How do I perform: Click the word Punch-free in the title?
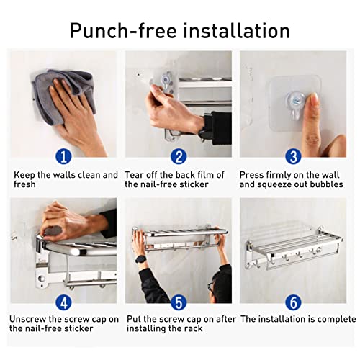123,30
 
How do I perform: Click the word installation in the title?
237,30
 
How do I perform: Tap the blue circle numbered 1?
63,156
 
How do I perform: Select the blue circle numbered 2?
179,156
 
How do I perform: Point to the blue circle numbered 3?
293,156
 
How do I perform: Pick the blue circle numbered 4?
63,302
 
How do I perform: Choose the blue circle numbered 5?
179,302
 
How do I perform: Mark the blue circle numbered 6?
293,302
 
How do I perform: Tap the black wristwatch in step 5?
140,259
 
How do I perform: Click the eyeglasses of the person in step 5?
211,287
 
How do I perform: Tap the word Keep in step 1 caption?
24,175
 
